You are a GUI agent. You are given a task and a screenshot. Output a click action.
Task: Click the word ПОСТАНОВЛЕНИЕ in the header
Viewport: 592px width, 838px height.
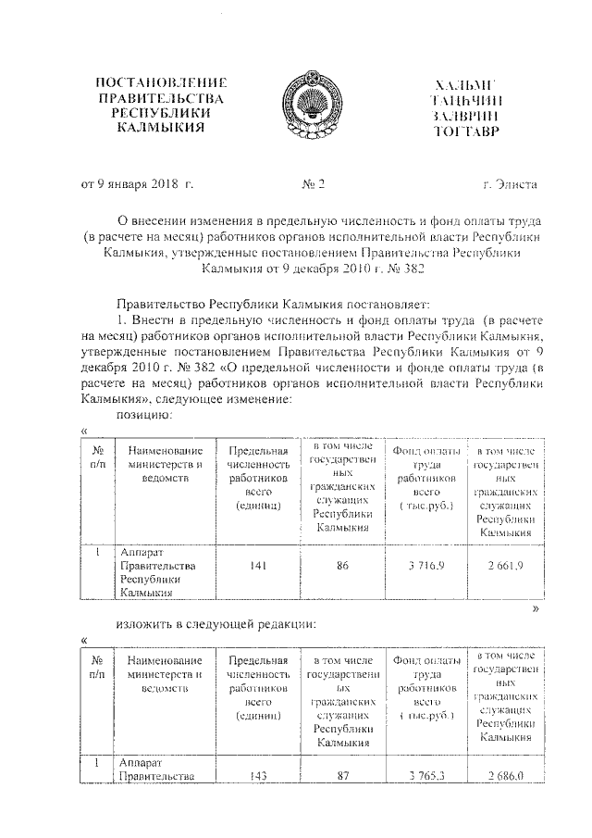[x=154, y=83]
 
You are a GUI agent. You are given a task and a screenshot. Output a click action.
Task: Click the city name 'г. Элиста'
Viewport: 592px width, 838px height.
[x=510, y=184]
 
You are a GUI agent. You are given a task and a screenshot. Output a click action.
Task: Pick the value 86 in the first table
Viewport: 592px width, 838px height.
[x=342, y=567]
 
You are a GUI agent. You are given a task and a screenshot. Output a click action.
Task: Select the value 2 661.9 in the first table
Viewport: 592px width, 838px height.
[x=505, y=567]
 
